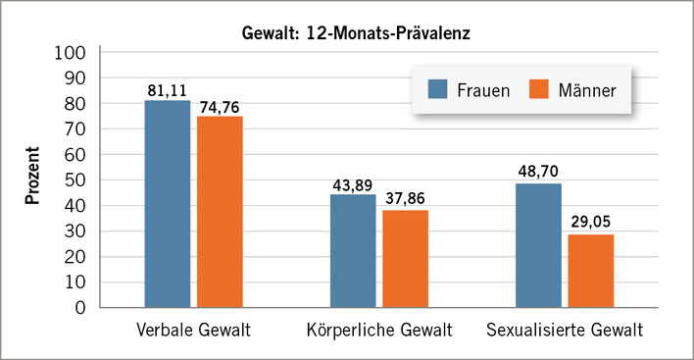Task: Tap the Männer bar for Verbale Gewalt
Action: click(220, 212)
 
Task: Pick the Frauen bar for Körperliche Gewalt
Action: click(353, 251)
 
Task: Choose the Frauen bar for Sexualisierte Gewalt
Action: click(538, 245)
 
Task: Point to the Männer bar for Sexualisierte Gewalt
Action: click(590, 271)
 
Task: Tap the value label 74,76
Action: click(221, 106)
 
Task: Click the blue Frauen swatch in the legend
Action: click(436, 91)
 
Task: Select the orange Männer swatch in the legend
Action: click(538, 91)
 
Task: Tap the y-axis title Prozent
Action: click(31, 178)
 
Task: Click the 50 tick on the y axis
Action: click(76, 180)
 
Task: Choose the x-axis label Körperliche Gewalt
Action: click(379, 329)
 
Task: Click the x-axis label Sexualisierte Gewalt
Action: click(564, 329)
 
